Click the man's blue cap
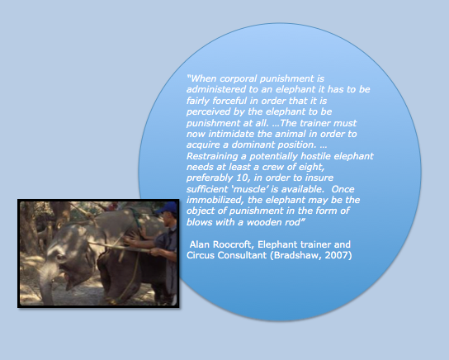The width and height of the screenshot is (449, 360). point(167,207)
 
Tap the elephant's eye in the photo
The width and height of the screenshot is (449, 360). point(61,257)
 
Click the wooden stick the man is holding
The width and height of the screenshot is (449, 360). point(121,247)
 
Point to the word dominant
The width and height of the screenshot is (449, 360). point(253,144)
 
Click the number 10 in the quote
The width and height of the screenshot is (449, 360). point(242,178)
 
